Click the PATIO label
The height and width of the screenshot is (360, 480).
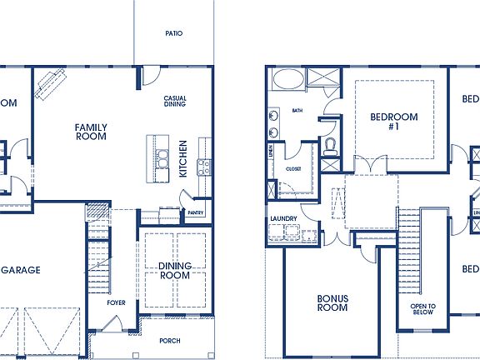173,33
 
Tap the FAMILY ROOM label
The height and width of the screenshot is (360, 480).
91,132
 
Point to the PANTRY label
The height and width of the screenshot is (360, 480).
196,212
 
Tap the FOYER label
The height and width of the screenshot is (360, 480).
116,302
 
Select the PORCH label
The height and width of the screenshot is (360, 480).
171,340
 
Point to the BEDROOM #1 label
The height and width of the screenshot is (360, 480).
394,122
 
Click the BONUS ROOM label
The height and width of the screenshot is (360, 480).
332,302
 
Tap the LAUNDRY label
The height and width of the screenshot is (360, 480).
283,219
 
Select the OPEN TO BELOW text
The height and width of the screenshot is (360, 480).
422,310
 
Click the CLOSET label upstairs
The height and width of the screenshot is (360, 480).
293,168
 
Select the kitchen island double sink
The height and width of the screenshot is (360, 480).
166,157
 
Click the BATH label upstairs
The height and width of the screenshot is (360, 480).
297,110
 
